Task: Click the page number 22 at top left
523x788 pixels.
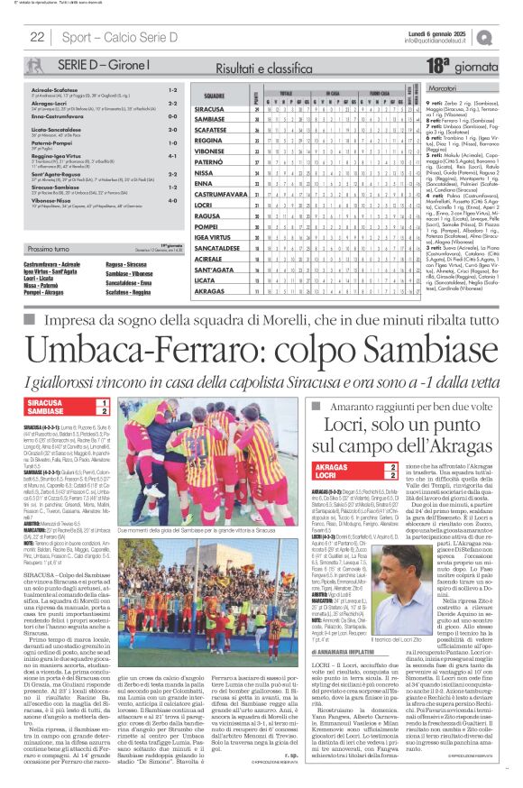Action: (x=37, y=37)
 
